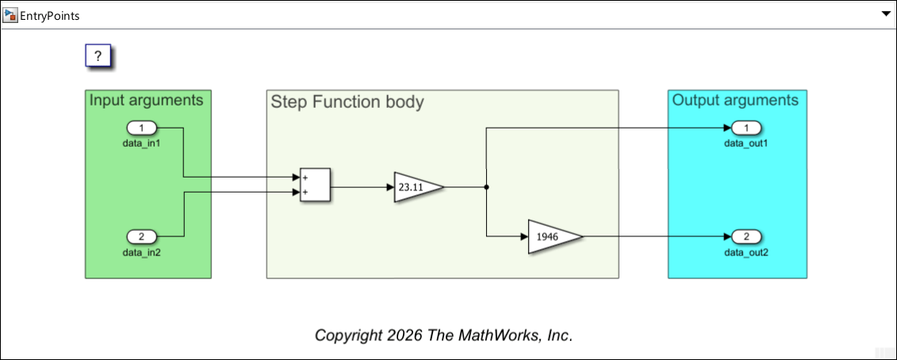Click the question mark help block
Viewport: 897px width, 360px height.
[98, 56]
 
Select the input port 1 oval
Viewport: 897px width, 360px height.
[142, 128]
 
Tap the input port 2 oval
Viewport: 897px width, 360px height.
[142, 236]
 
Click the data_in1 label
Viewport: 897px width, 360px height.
[142, 144]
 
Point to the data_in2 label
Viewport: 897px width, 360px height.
[142, 252]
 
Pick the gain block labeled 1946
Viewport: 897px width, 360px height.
[551, 236]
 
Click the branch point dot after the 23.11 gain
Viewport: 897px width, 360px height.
[485, 187]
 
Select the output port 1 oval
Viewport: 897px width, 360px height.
[746, 128]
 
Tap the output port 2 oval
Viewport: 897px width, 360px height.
[746, 236]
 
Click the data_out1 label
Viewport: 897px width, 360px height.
[746, 144]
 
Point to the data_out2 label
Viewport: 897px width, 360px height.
[746, 252]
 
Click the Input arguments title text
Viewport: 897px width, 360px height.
[146, 100]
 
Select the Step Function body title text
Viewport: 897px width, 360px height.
[347, 101]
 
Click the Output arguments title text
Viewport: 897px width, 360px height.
[735, 100]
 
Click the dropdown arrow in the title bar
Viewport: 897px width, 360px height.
[886, 15]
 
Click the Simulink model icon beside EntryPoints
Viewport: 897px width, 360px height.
[10, 15]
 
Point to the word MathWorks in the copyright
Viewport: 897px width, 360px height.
[496, 335]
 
